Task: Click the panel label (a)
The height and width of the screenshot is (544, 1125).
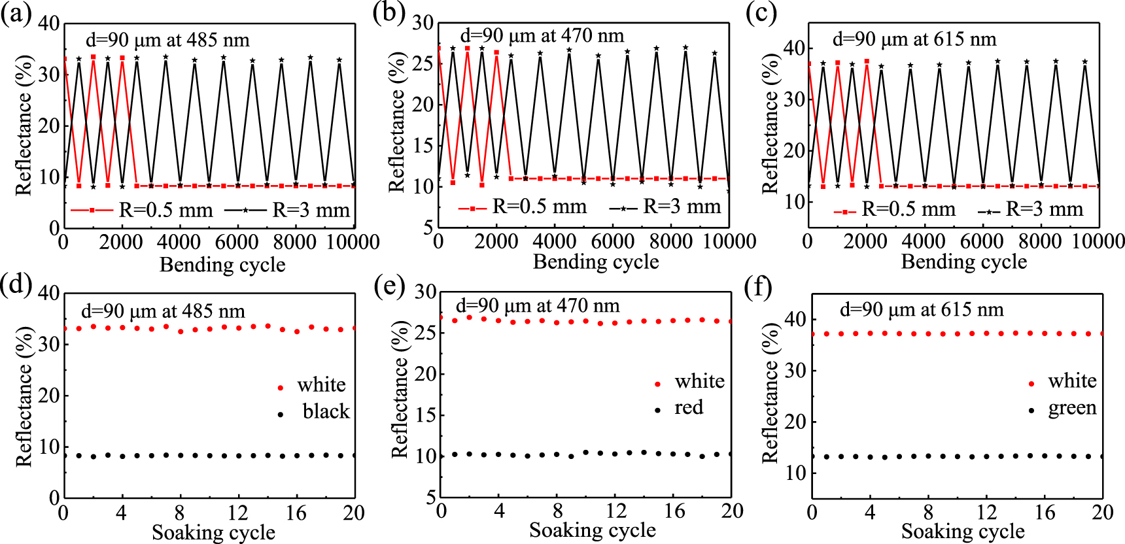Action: [x=16, y=13]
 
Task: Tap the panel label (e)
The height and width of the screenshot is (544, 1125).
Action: [x=388, y=286]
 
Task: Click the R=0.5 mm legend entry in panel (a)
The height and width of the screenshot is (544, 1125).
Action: [x=142, y=210]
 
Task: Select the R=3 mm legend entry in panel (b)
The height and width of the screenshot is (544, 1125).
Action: [x=666, y=207]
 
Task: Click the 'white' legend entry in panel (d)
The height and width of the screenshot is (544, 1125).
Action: [x=312, y=385]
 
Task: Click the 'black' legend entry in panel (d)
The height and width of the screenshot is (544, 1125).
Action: [x=315, y=412]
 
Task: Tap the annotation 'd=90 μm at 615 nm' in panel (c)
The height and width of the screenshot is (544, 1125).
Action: [x=914, y=39]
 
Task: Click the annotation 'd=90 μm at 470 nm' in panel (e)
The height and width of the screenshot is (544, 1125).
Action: [x=537, y=305]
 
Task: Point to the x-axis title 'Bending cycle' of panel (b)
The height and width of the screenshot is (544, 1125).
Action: [x=595, y=262]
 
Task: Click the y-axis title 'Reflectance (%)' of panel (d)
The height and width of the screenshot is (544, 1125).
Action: [x=24, y=397]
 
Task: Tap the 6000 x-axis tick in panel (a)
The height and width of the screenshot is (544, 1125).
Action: [x=237, y=242]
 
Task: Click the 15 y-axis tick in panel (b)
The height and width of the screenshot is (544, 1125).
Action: [x=424, y=145]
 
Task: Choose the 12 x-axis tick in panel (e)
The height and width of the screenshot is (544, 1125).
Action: [x=616, y=511]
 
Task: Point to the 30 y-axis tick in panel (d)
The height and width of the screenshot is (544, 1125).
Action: [x=48, y=344]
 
